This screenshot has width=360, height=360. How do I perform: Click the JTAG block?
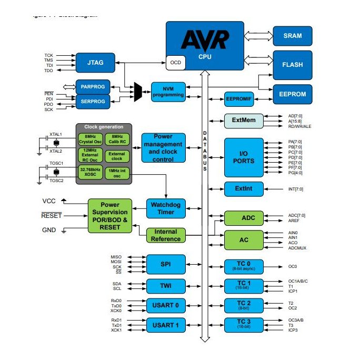coord(95,63)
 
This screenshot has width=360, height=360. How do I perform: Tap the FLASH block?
coord(292,65)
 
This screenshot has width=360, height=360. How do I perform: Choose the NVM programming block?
coord(168,92)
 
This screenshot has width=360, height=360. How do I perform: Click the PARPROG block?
coord(93,86)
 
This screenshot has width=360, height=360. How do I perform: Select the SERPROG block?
coord(93,101)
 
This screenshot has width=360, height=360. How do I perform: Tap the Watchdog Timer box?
coord(166,208)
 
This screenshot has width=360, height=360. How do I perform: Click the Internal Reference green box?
coord(166,235)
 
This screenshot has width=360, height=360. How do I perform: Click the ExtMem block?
coord(243,121)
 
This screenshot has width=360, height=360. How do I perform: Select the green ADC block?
coord(243,218)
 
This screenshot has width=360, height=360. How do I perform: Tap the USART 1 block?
coord(166,325)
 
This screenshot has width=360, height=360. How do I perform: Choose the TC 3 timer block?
coord(243,325)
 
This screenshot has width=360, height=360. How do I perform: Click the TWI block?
coord(166,286)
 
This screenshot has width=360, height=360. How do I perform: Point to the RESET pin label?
coord(52,215)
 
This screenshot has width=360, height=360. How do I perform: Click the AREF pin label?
coord(293,221)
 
